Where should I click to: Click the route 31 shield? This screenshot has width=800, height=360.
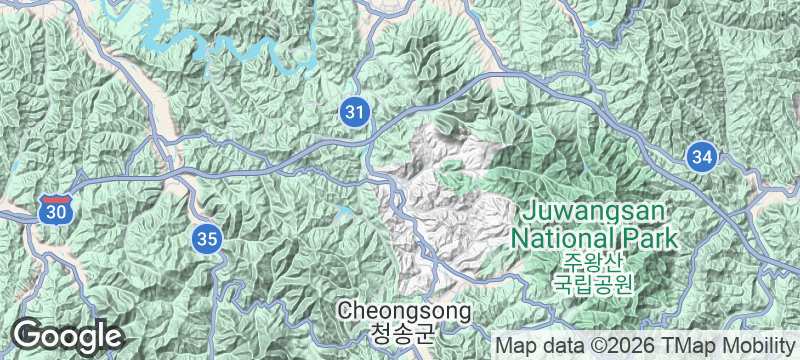(353, 112)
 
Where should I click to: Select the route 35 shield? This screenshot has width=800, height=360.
(207, 238)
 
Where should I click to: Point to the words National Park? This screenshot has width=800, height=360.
(594, 239)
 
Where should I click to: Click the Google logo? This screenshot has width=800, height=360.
(66, 335)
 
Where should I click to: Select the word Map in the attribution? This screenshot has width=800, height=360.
(515, 345)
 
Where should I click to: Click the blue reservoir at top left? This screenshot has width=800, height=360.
(175, 35)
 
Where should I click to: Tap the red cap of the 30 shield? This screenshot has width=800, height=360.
(56, 199)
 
